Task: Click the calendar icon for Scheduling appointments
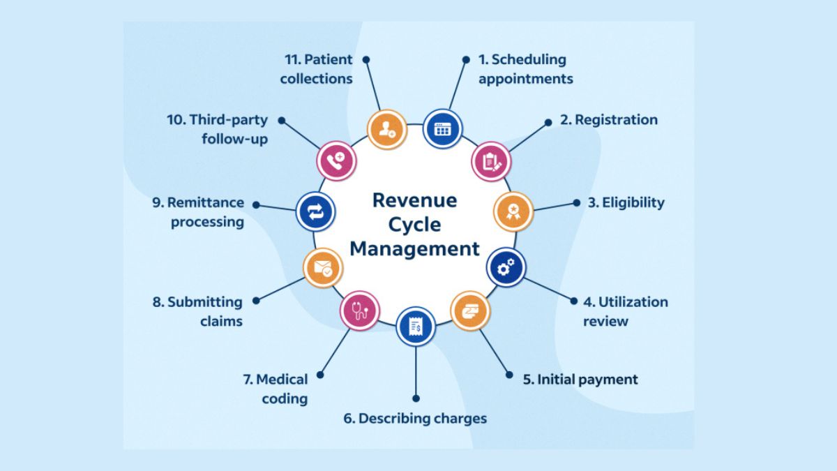tap(443, 129)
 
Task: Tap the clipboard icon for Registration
tap(492, 162)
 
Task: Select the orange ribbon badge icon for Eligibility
tap(513, 211)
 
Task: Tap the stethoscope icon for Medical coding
tap(360, 310)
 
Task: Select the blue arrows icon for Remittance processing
tap(315, 211)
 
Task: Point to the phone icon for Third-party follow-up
tap(337, 160)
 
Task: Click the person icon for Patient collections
tap(386, 129)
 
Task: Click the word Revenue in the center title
tap(414, 200)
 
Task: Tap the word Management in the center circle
tap(414, 248)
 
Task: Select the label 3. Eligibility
tap(626, 203)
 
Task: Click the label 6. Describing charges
tap(415, 419)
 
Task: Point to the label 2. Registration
tap(608, 120)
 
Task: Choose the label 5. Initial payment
tap(580, 380)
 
